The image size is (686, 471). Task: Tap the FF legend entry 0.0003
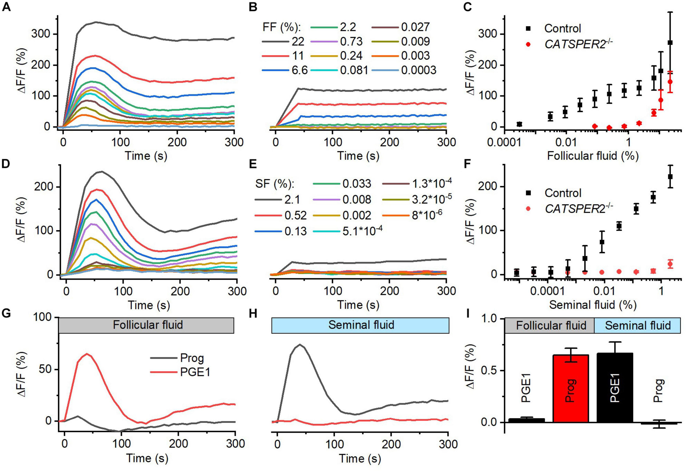pyautogui.click(x=418, y=70)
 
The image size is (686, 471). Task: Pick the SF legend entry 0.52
pyautogui.click(x=296, y=215)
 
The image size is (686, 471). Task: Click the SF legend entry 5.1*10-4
pyautogui.click(x=362, y=231)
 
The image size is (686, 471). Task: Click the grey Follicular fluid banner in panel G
pyautogui.click(x=147, y=325)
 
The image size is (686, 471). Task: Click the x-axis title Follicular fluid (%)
pyautogui.click(x=592, y=156)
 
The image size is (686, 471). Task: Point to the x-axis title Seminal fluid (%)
pyautogui.click(x=592, y=304)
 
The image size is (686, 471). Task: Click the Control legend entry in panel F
pyautogui.click(x=563, y=193)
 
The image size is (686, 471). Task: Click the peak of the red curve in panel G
pyautogui.click(x=87, y=354)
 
